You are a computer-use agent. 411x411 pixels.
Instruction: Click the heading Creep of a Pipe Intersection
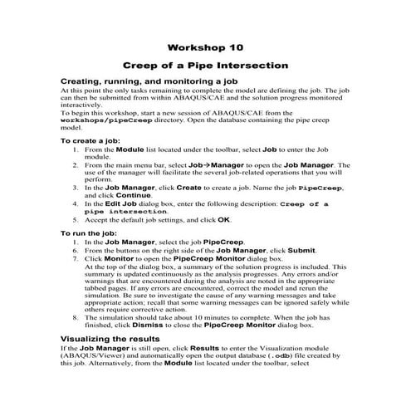click(x=204, y=64)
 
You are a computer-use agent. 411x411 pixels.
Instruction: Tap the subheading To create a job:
click(x=95, y=141)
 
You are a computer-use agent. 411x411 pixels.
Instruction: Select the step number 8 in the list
click(x=76, y=316)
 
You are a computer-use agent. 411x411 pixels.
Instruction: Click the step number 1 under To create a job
click(x=76, y=150)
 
